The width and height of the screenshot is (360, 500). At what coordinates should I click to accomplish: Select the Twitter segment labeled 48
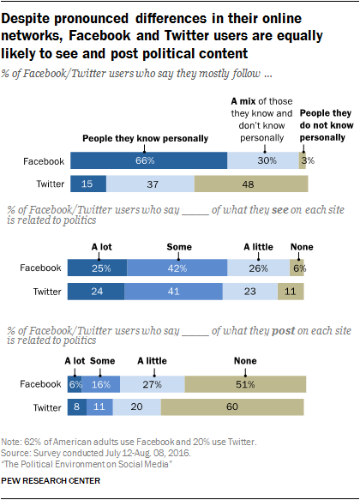point(250,184)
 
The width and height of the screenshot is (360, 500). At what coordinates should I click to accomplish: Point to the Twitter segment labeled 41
point(177,292)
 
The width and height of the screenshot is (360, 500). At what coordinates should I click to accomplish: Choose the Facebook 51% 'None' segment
point(244,386)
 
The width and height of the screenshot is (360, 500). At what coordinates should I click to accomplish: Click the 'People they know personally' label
point(132,136)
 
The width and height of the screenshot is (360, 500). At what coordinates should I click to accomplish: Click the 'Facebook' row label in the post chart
point(40,386)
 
